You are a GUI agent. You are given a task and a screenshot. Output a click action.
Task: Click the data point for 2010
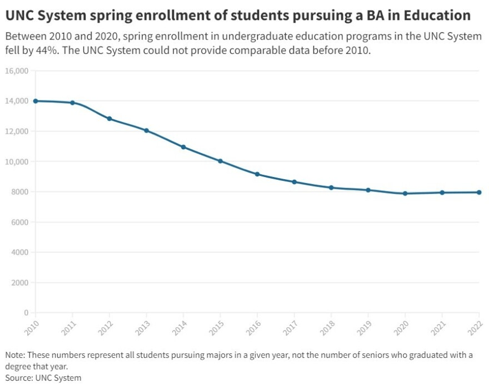[36, 101]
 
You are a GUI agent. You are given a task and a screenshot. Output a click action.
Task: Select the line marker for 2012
[109, 119]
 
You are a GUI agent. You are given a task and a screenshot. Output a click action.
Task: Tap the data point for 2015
[220, 161]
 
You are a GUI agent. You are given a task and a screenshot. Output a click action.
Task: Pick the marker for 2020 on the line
[405, 194]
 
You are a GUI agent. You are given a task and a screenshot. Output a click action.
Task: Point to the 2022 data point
[479, 193]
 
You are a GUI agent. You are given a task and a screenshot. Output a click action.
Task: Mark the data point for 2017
[294, 182]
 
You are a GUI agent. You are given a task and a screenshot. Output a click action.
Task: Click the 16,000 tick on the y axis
[17, 71]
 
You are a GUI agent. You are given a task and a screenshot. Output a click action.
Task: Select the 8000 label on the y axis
[21, 192]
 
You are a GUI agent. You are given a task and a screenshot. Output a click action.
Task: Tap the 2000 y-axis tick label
[21, 282]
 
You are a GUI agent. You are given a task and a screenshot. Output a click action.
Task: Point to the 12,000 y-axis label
[17, 132]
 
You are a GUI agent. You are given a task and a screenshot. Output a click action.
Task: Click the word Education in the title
[436, 15]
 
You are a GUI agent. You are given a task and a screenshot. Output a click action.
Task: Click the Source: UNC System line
[43, 378]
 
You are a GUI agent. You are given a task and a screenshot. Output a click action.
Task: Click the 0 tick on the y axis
[26, 313]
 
